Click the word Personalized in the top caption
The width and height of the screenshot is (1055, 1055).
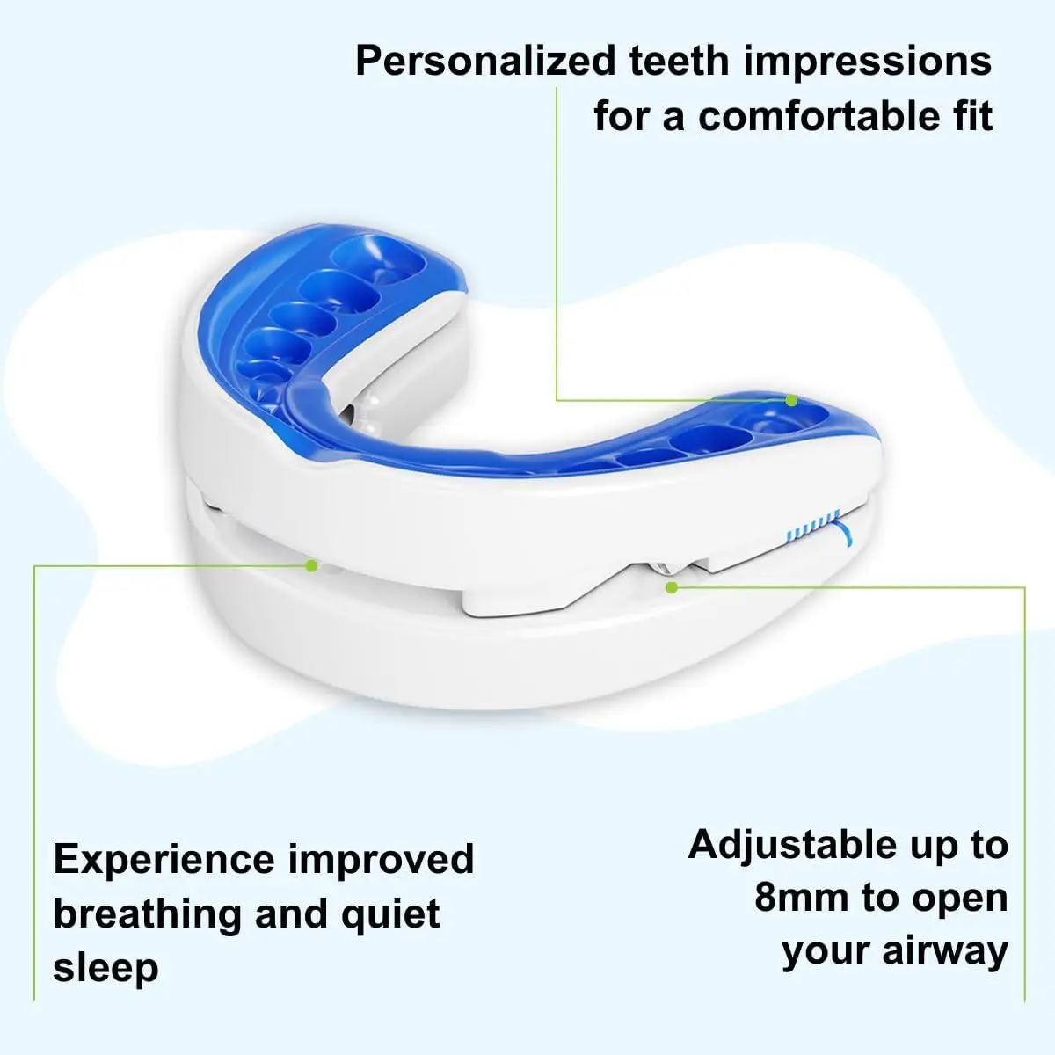(485, 62)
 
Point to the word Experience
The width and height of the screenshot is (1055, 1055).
(164, 860)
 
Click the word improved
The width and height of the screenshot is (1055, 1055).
(382, 860)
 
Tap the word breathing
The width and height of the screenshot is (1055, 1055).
(147, 914)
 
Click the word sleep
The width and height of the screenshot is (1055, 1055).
(105, 967)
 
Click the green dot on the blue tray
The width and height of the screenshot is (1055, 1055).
(791, 401)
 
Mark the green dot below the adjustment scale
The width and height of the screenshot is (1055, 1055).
(671, 586)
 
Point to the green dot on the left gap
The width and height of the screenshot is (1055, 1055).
(311, 565)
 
